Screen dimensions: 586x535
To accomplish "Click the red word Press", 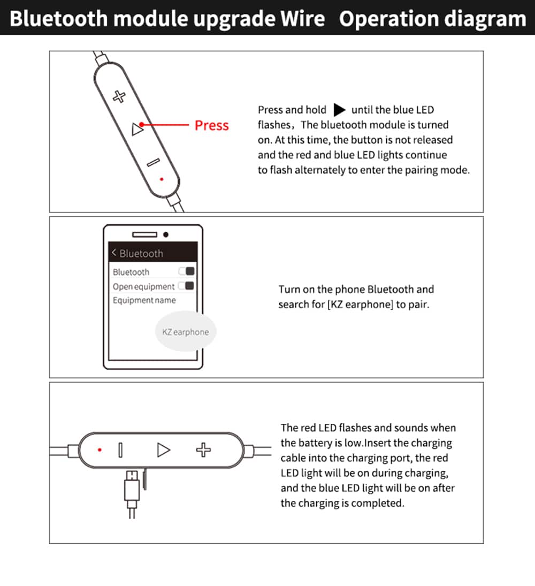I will point(211,125).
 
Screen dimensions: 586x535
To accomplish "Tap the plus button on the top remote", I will point(119,96).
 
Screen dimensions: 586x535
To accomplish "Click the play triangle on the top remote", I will point(137,128).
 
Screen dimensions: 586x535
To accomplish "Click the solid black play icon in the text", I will point(339,110).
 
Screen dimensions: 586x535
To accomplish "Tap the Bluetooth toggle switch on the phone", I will point(187,271).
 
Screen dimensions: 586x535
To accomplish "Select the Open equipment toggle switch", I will point(186,286).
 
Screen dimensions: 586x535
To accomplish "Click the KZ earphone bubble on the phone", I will point(185,332).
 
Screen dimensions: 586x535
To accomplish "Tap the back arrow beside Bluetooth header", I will point(114,253).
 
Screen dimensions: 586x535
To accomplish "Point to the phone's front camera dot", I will point(166,234).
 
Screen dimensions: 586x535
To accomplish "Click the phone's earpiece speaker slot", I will point(144,234).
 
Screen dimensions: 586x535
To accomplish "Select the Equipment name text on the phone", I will point(144,300).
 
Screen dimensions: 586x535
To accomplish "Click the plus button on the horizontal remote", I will point(203,450).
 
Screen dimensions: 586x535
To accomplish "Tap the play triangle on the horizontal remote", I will point(163,450).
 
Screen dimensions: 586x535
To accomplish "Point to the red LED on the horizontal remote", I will point(100,450).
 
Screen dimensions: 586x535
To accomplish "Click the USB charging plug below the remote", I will point(132,490).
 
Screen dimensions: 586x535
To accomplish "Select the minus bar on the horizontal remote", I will point(120,450).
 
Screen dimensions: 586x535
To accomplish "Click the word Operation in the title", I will point(388,19).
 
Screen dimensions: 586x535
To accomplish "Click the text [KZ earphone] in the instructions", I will point(360,305).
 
